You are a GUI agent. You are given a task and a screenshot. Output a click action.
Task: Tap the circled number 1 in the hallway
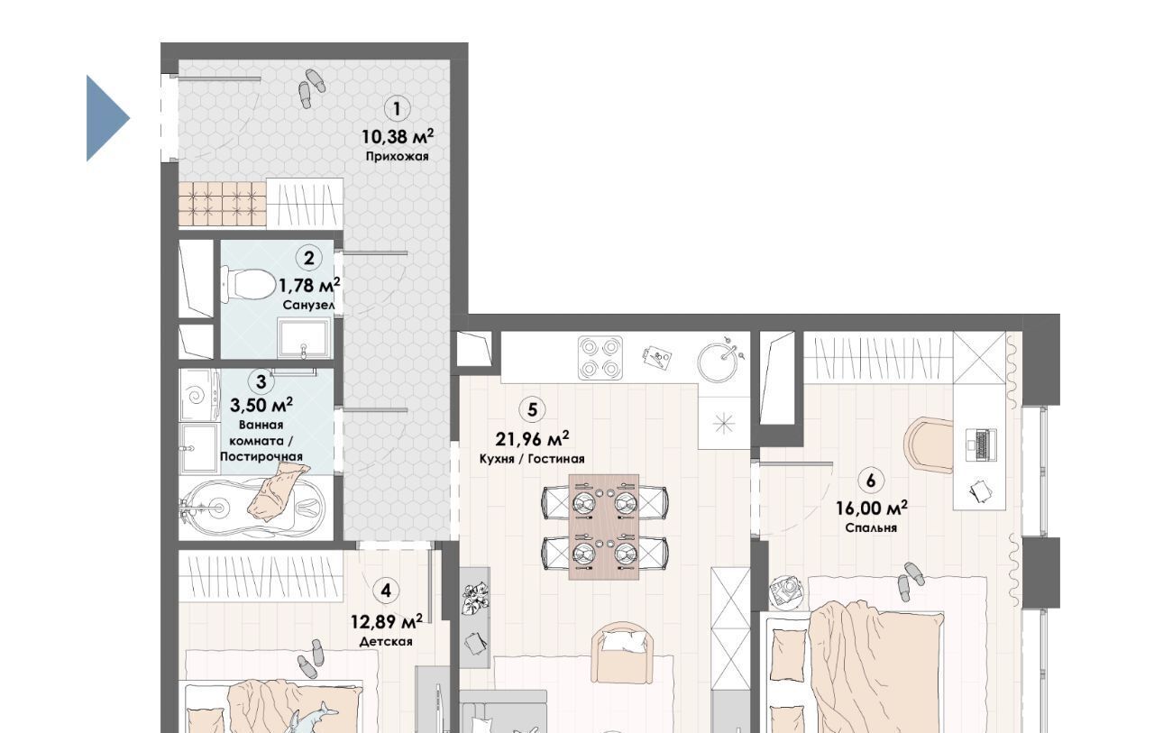[397, 109]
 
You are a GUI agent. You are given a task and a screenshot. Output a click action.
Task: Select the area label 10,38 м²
[398, 136]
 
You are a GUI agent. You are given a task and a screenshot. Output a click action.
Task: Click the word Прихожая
[398, 156]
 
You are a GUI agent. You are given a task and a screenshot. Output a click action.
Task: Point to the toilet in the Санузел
[247, 283]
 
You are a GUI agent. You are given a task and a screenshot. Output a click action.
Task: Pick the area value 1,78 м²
[309, 284]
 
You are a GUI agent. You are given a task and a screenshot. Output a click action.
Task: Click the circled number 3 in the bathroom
[261, 381]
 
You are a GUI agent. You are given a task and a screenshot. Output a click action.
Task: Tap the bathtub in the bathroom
[254, 508]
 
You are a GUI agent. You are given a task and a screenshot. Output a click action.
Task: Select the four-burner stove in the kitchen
[600, 358]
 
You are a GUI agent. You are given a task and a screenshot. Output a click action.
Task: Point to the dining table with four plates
[604, 527]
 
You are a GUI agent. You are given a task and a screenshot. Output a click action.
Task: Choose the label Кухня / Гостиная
[532, 459]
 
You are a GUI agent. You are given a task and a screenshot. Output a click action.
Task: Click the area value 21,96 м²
[532, 439]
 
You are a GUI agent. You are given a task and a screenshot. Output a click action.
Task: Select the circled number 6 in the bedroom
[871, 481]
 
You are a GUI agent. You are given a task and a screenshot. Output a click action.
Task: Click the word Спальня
[871, 528]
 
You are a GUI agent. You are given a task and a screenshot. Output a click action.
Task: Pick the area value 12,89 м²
[387, 622]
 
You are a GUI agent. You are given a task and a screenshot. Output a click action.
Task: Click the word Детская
[386, 642]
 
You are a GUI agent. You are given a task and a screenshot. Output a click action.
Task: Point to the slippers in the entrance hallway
[312, 88]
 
